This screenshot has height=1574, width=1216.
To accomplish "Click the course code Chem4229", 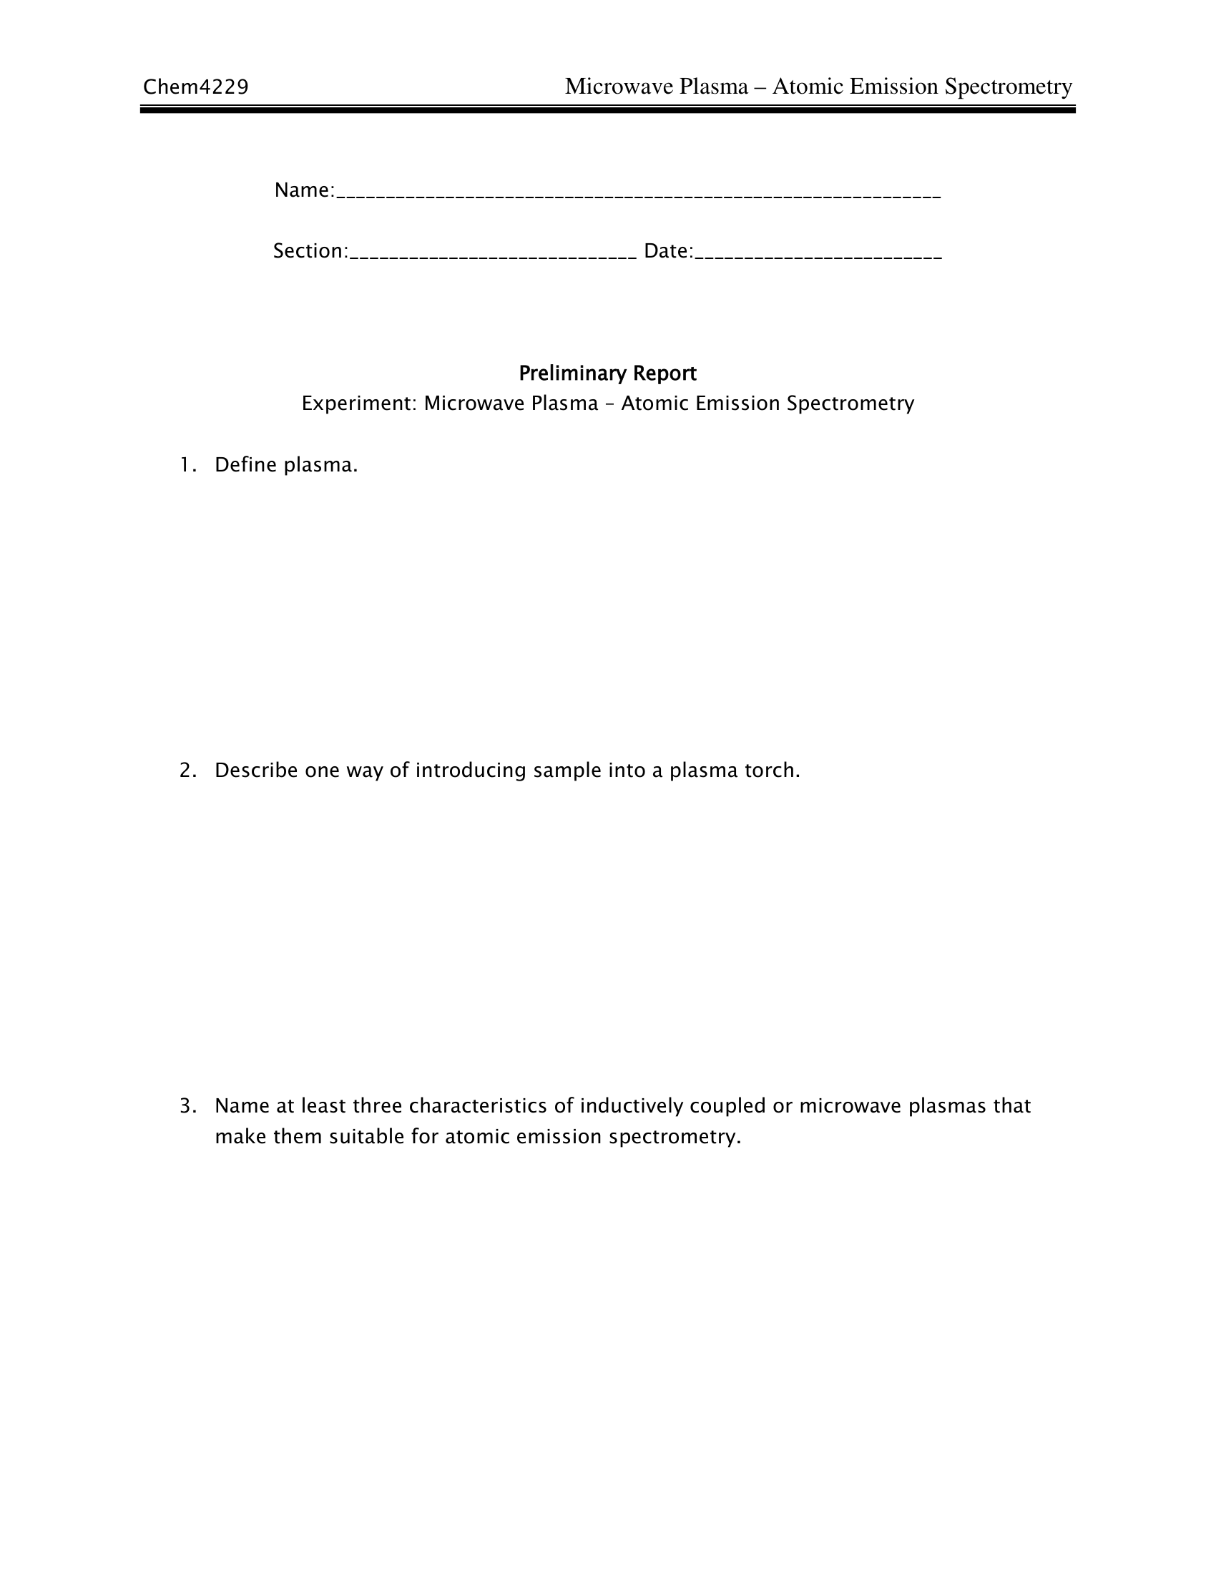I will point(195,87).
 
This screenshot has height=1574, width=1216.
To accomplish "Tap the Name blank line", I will point(638,195).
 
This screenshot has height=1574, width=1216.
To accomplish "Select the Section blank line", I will point(493,255).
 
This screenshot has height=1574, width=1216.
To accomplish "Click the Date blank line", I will point(818,255).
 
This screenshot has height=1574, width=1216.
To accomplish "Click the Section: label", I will point(310,251).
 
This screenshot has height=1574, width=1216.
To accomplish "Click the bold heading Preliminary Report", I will point(607,373).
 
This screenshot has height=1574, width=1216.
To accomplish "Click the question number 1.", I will point(187,465).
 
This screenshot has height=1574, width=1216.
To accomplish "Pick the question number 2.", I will point(187,771).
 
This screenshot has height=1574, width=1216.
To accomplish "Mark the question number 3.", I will point(187,1105).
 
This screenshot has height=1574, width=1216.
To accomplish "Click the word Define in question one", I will point(245,465).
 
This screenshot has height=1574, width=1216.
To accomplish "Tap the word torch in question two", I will point(773,771).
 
